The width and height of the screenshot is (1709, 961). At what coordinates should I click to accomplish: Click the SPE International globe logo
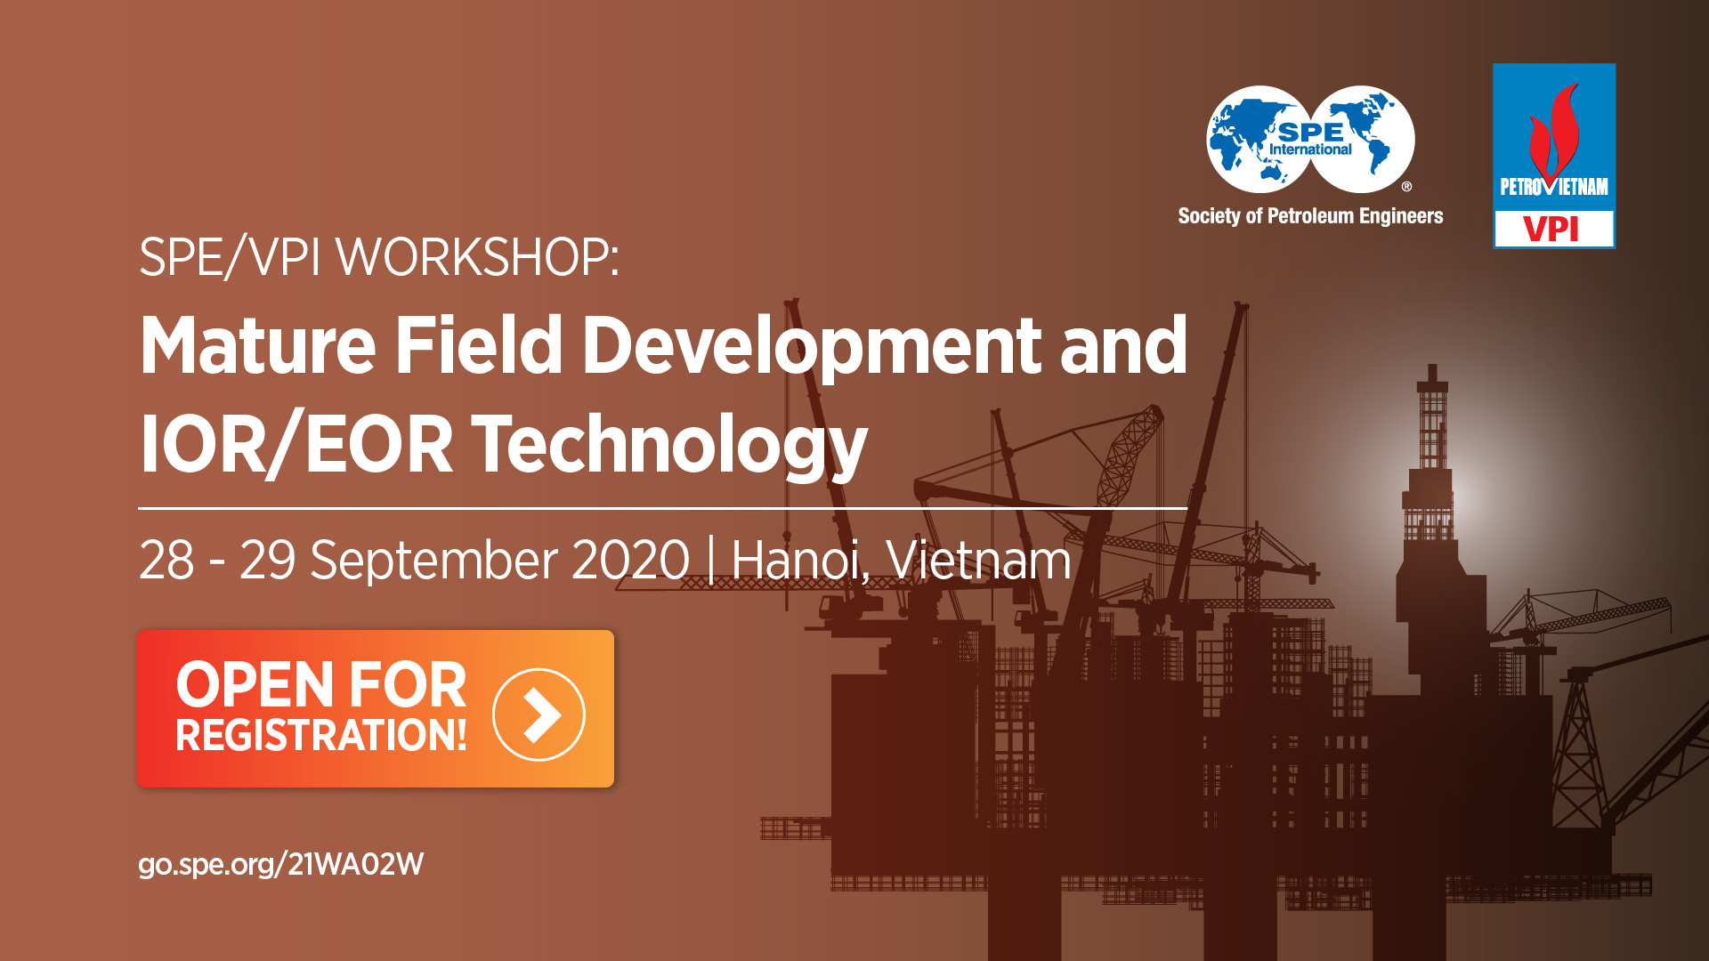(x=1310, y=140)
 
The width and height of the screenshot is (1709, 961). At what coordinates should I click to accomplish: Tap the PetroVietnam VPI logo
(x=1554, y=156)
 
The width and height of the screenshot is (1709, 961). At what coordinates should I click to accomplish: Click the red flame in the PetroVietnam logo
(x=1554, y=133)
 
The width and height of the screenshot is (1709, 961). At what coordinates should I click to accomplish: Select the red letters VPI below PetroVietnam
(x=1551, y=230)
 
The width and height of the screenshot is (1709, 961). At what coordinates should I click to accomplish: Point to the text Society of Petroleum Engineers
(x=1310, y=216)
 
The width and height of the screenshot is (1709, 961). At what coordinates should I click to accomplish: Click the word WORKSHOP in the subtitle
(x=476, y=257)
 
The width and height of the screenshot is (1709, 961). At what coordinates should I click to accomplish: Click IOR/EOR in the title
(x=296, y=444)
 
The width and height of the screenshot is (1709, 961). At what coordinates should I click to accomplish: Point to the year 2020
(x=630, y=561)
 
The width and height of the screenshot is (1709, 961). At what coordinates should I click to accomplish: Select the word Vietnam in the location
(x=979, y=561)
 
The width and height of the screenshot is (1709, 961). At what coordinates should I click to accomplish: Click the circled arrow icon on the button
(x=539, y=715)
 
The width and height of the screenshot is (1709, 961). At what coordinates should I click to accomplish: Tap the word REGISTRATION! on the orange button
(x=321, y=736)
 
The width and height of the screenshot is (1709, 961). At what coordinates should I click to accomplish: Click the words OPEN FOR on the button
(x=321, y=684)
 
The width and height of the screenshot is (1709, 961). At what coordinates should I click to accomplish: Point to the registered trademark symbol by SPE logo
(x=1406, y=187)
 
